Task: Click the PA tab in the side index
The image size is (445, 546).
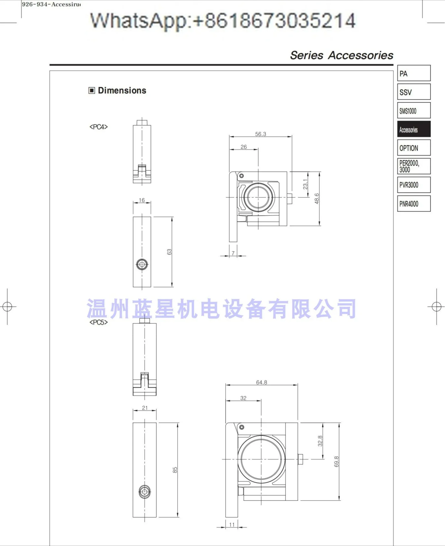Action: click(x=414, y=73)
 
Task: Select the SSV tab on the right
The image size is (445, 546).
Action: click(x=414, y=92)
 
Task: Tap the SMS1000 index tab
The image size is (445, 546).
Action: click(x=414, y=111)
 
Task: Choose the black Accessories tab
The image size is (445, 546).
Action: click(x=414, y=129)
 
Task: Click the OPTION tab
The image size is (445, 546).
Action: click(x=414, y=148)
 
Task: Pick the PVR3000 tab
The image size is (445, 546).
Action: click(x=414, y=185)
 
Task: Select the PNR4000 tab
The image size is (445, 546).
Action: click(x=414, y=204)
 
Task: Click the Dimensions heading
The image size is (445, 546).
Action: click(x=122, y=91)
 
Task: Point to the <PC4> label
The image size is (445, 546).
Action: click(x=99, y=127)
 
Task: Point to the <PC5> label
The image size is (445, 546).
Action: click(x=99, y=322)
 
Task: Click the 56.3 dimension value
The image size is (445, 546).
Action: click(x=261, y=134)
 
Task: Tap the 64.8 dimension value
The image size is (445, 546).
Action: click(x=261, y=382)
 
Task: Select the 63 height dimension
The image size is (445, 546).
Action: click(x=169, y=252)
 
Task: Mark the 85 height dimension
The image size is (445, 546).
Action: click(x=175, y=470)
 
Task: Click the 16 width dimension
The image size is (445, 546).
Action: click(x=142, y=200)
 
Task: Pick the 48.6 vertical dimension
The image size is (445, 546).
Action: click(x=317, y=199)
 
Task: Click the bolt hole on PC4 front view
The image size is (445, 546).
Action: click(x=142, y=264)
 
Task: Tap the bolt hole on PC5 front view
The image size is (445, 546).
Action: click(x=145, y=492)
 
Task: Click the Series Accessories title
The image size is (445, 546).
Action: click(x=341, y=55)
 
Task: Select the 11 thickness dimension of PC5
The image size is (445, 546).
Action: click(x=232, y=524)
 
